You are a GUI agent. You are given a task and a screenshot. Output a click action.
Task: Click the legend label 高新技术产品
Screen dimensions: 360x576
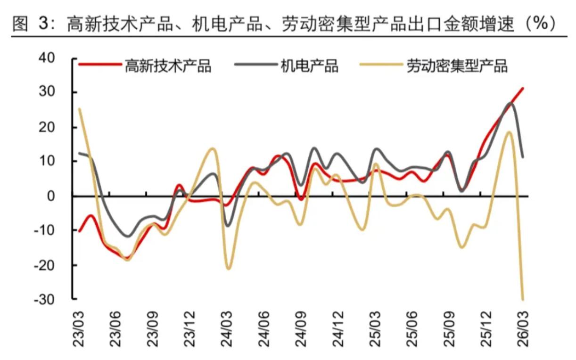coord(167,66)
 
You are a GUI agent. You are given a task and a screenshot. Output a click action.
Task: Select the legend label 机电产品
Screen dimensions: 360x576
coord(309,66)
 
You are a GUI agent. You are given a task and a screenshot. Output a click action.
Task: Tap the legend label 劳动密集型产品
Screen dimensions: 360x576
coord(457,66)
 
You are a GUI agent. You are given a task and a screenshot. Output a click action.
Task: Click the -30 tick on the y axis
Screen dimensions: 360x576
coord(57,299)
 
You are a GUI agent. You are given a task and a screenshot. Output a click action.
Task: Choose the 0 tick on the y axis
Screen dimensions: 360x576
coord(64,196)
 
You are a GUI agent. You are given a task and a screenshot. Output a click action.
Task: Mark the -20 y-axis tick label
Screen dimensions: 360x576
coord(57,265)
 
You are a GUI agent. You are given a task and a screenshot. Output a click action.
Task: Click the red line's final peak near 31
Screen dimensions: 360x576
coord(523,88)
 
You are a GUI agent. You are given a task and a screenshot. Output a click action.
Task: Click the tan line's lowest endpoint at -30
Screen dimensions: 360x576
coord(523,299)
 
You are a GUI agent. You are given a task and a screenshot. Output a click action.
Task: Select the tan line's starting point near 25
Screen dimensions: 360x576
coord(79,109)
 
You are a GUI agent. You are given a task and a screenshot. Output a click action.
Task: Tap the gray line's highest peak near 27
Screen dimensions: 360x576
coord(511,103)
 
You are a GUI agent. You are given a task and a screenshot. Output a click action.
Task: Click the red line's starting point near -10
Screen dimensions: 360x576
coord(79,231)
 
